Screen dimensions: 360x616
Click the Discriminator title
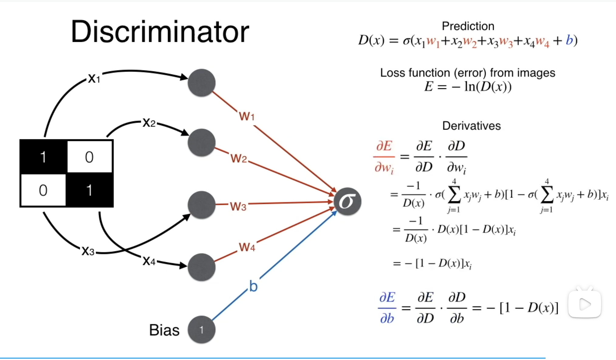(x=160, y=32)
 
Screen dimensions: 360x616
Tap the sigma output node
(x=347, y=202)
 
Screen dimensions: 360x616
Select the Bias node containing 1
(x=201, y=330)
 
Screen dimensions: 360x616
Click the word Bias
(x=164, y=330)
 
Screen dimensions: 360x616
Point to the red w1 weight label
(x=246, y=116)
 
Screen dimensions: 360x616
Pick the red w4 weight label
(x=247, y=247)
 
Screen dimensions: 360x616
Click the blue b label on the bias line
(x=253, y=286)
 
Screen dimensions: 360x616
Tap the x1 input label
(x=94, y=78)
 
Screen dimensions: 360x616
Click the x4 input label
(x=149, y=261)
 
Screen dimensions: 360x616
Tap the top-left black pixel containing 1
(x=43, y=157)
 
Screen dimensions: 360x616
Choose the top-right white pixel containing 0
(x=89, y=157)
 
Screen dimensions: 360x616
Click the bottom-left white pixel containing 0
(x=43, y=190)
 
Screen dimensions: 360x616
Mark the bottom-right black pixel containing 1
(x=89, y=190)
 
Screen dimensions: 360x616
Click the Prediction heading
(x=468, y=26)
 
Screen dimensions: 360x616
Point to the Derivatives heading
(x=471, y=126)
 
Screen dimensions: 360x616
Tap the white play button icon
(x=585, y=304)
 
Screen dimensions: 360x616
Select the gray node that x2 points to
(x=201, y=143)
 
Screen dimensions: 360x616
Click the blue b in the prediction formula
(x=569, y=40)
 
